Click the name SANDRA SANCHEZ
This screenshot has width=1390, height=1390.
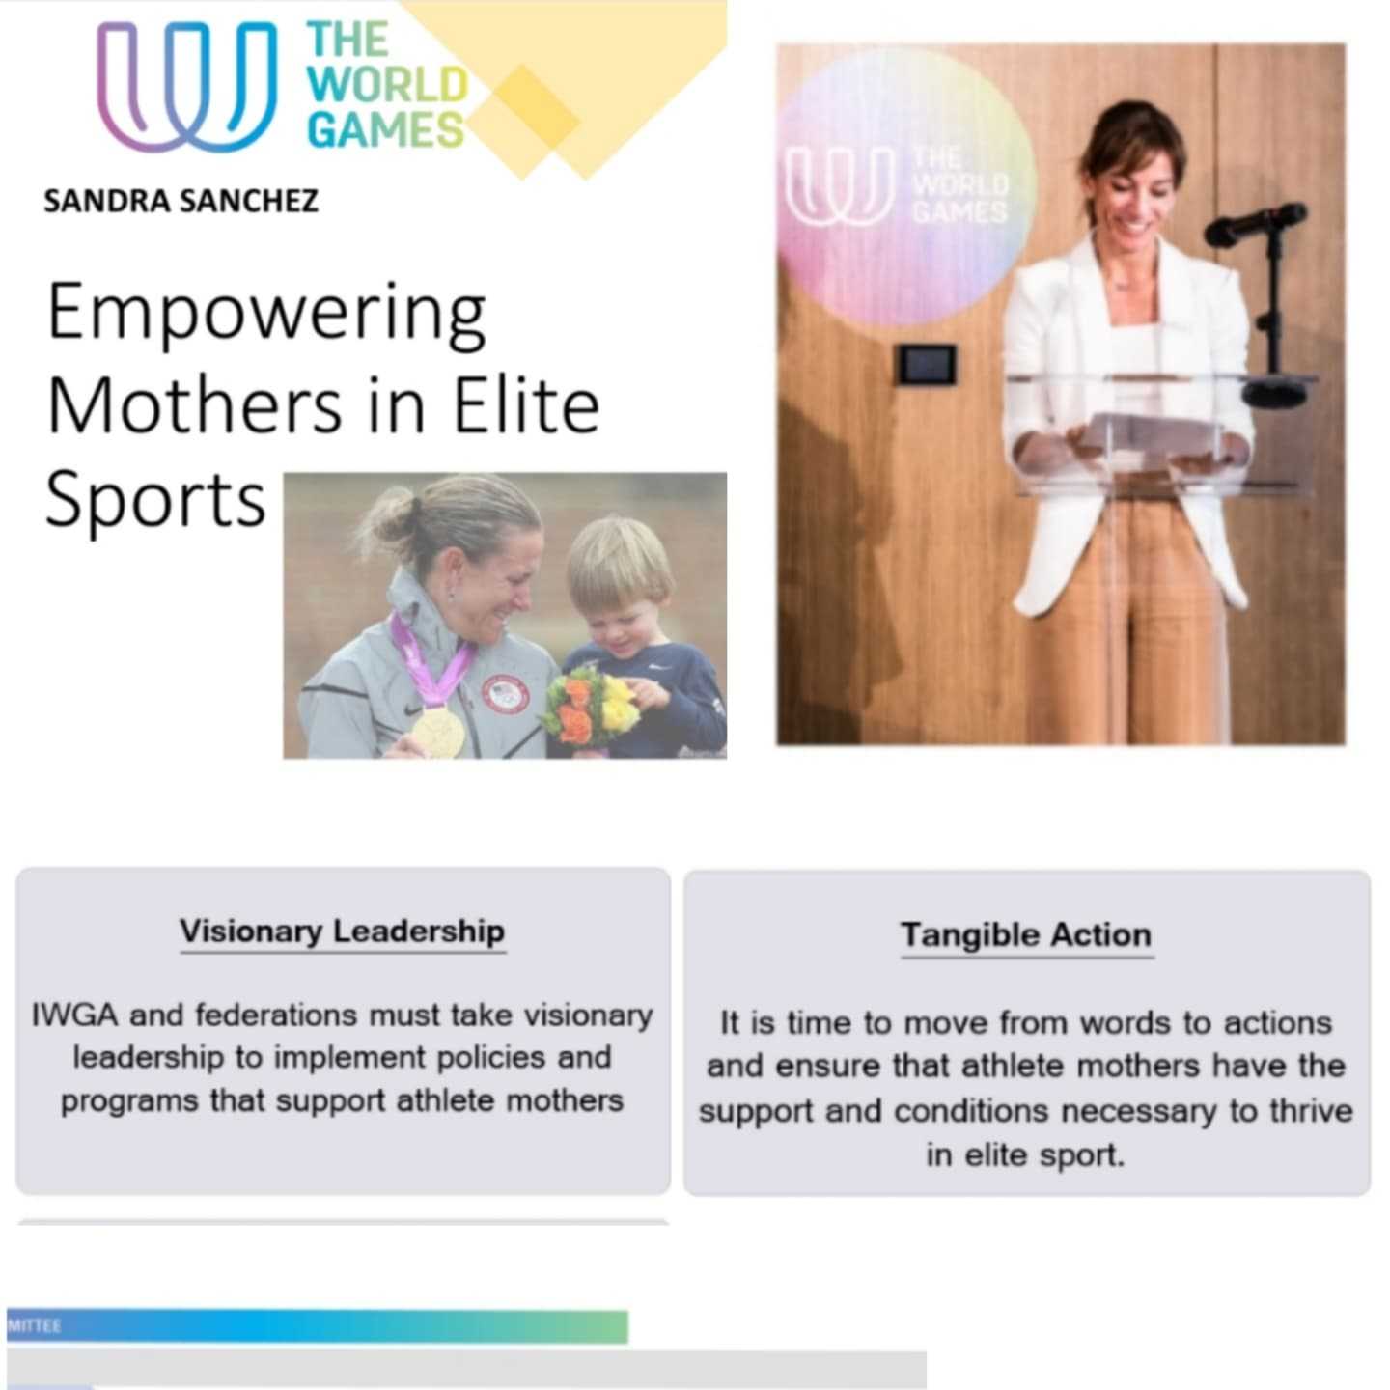[x=181, y=201]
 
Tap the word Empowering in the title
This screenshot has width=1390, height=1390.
[x=266, y=314]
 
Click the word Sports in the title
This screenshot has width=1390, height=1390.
[x=154, y=500]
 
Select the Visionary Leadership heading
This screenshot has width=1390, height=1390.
[x=342, y=931]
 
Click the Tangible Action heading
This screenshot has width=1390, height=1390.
[x=1026, y=935]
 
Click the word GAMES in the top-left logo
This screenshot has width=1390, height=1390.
[x=385, y=130]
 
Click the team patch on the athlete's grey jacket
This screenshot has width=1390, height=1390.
[x=504, y=696]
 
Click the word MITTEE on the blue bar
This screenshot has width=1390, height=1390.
[x=34, y=1326]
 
